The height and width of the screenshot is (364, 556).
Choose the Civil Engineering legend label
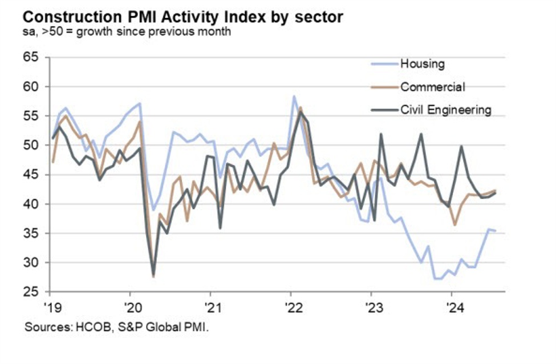coord(445,110)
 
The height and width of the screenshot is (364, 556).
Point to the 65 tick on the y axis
coord(30,57)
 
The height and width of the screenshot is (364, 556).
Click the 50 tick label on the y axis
coord(30,145)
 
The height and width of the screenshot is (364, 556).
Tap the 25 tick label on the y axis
coord(30,292)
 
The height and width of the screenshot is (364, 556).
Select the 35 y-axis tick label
coord(30,233)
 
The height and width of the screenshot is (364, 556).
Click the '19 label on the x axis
coord(53,306)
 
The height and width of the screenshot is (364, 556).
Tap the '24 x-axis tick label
coord(452,306)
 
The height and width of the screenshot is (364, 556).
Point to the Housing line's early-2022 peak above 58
coord(294,96)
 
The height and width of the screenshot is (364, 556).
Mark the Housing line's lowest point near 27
coord(437,279)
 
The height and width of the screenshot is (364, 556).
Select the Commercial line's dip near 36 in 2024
coord(454,225)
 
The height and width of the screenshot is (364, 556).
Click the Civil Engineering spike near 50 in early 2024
coord(461,146)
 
